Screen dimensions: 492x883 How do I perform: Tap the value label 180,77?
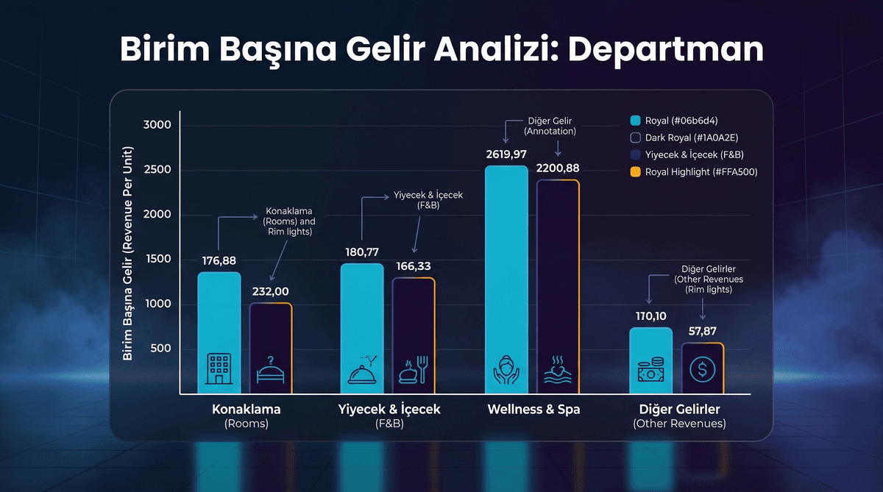(362, 252)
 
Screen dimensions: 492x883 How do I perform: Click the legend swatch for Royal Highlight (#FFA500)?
(636, 172)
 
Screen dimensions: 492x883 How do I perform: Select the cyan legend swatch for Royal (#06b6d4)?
(636, 121)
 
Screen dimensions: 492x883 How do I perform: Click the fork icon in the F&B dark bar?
(422, 368)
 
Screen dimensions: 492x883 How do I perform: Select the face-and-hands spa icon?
(507, 370)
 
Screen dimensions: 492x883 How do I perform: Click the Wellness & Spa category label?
(533, 410)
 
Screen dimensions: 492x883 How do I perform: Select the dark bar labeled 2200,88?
(558, 287)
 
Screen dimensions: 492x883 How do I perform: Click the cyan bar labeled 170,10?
(650, 360)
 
